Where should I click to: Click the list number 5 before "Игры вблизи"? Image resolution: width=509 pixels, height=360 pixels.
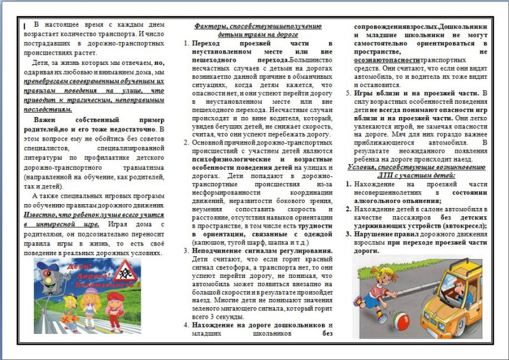pyautogui.click(x=348, y=93)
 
